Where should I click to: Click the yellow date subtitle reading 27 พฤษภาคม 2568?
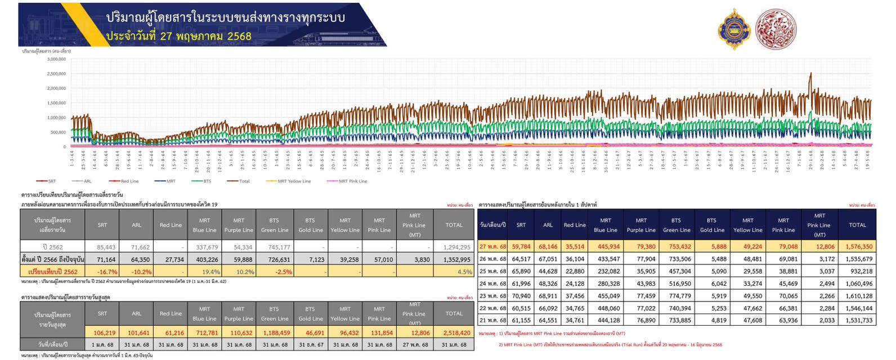(x=178, y=36)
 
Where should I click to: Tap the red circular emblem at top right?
(x=776, y=28)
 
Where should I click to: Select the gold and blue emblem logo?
(x=734, y=29)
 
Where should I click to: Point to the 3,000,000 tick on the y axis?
(x=56, y=59)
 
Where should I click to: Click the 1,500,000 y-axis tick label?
(x=56, y=103)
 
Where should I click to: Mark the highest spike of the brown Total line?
(x=810, y=74)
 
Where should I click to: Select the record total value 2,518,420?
(x=454, y=332)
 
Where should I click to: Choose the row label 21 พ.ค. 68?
(x=492, y=320)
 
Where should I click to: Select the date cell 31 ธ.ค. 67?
(x=311, y=344)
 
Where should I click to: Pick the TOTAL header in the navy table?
(x=857, y=225)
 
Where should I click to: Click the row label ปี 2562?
(x=53, y=247)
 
